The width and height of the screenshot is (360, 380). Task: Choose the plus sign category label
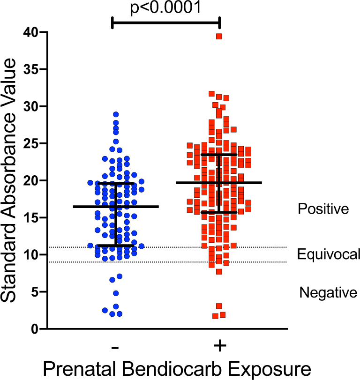219,346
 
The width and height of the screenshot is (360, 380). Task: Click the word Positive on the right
323,209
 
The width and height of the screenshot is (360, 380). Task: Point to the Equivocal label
329,254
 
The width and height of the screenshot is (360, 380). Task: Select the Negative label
328,293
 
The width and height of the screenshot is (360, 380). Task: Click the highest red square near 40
219,37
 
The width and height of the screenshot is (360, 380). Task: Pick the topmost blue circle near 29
116,114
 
